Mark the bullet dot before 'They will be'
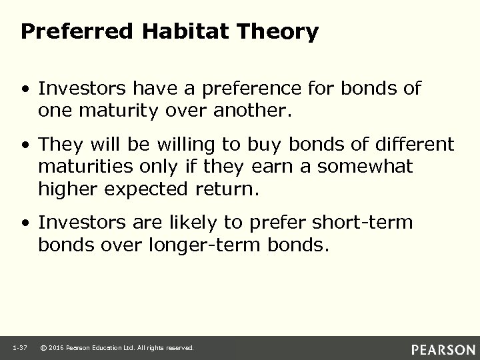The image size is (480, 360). pyautogui.click(x=26, y=144)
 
